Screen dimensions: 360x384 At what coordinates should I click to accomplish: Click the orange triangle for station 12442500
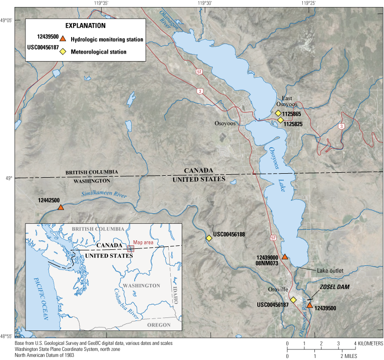click(61, 207)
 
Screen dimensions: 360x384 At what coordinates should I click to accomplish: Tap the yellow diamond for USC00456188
click(209, 238)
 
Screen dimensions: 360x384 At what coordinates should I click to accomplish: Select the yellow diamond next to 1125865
click(278, 113)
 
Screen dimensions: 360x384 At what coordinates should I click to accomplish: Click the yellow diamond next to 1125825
click(280, 120)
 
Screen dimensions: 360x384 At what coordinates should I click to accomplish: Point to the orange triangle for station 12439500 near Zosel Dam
click(310, 305)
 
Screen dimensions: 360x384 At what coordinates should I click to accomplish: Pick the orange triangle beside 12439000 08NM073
click(284, 257)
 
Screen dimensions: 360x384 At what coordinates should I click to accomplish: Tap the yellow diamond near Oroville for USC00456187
click(293, 300)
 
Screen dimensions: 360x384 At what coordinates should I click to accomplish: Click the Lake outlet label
click(330, 271)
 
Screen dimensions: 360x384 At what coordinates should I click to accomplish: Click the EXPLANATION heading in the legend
click(85, 26)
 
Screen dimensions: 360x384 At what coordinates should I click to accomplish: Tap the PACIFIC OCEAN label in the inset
click(42, 296)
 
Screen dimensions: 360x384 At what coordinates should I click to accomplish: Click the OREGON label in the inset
click(158, 325)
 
